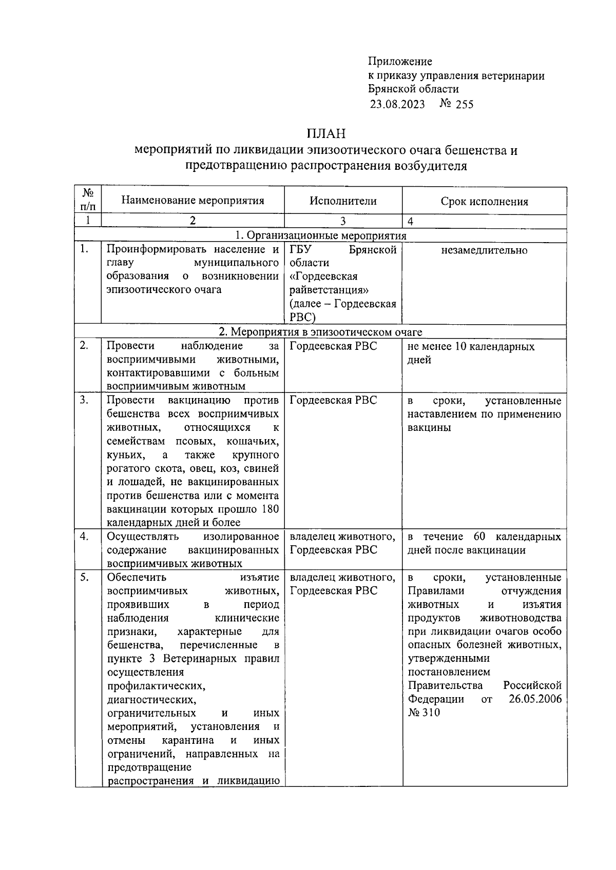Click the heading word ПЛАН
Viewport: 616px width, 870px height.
pos(326,134)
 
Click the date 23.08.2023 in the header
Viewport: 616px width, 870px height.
pos(397,105)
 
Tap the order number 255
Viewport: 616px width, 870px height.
pos(464,105)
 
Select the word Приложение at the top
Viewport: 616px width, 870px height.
pos(400,62)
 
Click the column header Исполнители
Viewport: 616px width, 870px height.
pos(343,201)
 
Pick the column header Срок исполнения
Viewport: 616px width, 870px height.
pos(484,202)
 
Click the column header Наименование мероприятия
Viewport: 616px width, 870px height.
pos(192,201)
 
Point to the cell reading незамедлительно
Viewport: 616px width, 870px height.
pos(484,250)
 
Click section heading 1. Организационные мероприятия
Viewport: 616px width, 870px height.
pos(320,235)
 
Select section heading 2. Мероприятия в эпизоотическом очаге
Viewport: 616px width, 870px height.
pos(320,332)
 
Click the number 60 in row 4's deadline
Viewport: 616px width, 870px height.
pos(479,537)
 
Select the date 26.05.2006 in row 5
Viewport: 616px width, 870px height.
pos(535,699)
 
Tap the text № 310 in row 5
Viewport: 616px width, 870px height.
pos(424,713)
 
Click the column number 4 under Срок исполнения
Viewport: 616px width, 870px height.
pos(410,222)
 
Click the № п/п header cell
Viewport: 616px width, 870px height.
pos(88,200)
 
